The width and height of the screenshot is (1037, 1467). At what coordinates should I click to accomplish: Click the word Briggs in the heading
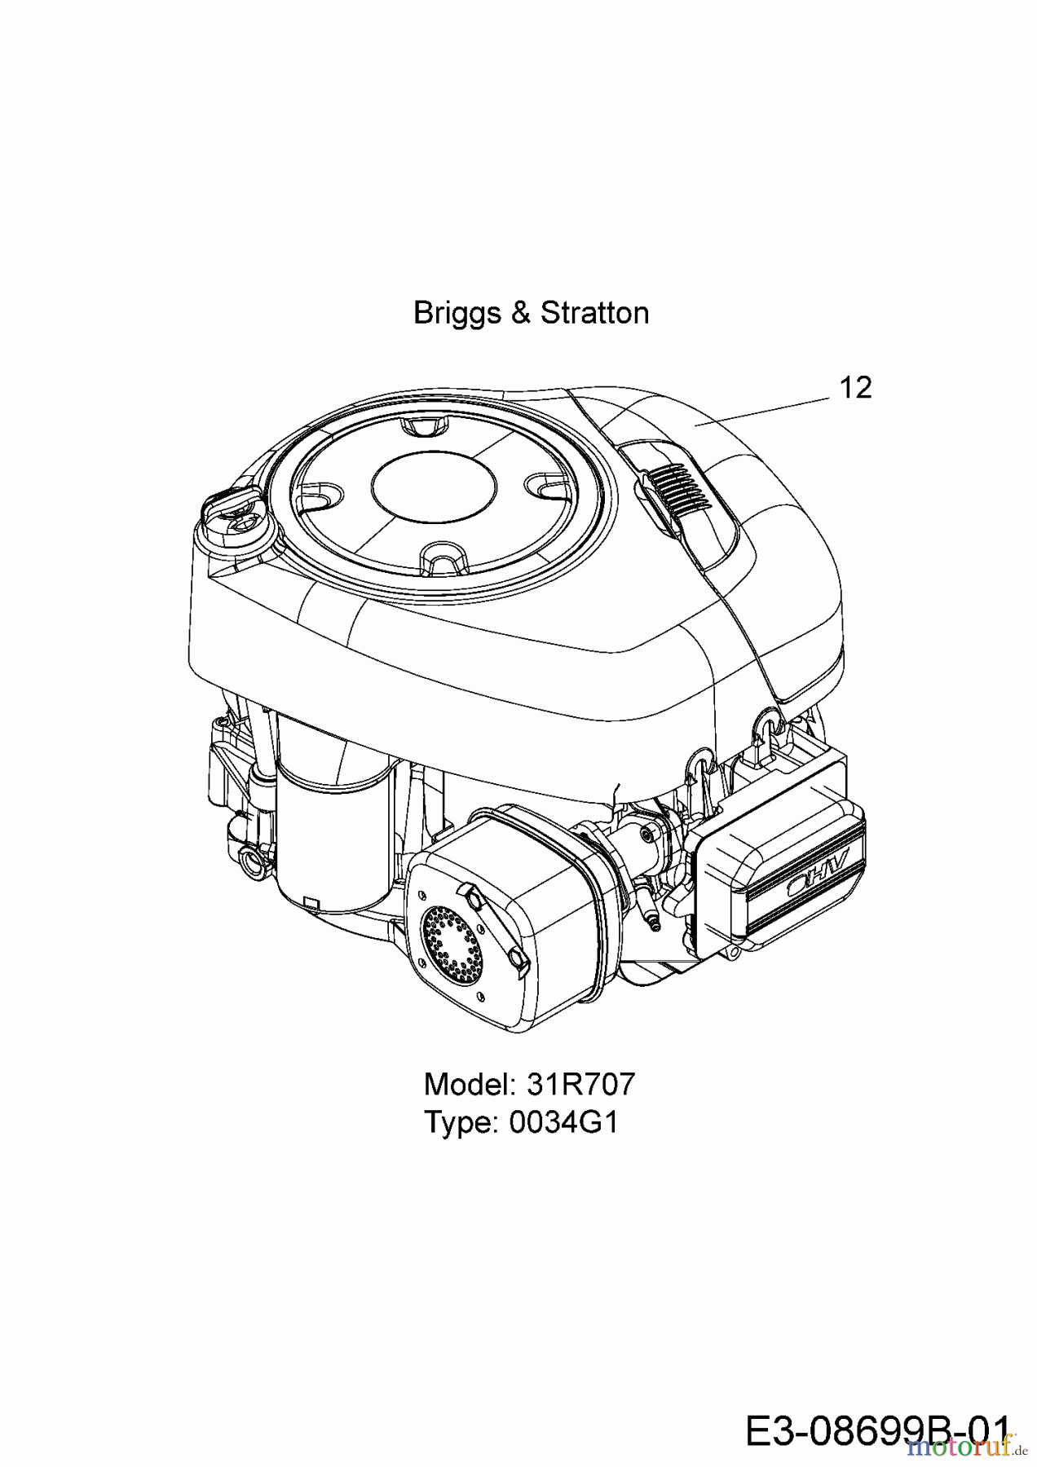click(457, 313)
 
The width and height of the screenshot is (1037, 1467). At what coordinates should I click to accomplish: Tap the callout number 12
click(854, 388)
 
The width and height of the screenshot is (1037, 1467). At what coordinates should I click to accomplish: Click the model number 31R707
click(580, 1084)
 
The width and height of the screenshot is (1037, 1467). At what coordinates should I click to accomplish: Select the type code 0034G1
click(563, 1122)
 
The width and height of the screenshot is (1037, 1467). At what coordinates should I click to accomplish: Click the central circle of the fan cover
click(433, 486)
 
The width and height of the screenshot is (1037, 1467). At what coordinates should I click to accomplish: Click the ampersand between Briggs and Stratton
click(521, 313)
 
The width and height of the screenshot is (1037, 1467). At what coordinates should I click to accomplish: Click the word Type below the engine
click(461, 1122)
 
